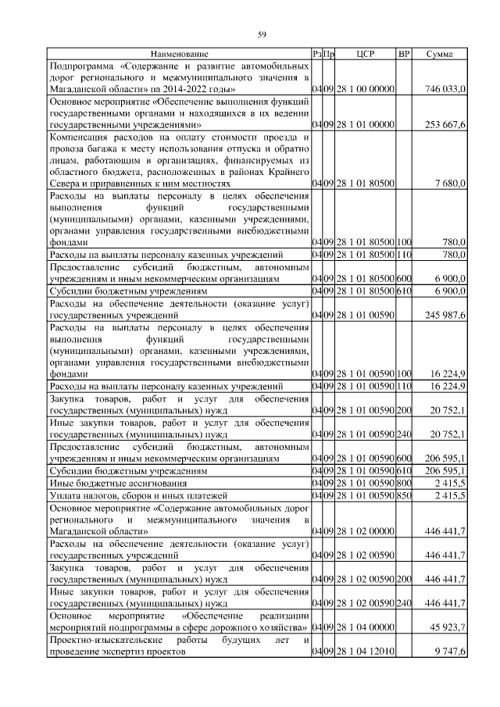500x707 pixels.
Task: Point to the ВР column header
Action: (x=404, y=54)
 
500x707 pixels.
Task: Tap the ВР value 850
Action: (x=404, y=495)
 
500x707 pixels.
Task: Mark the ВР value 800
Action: (x=404, y=484)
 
